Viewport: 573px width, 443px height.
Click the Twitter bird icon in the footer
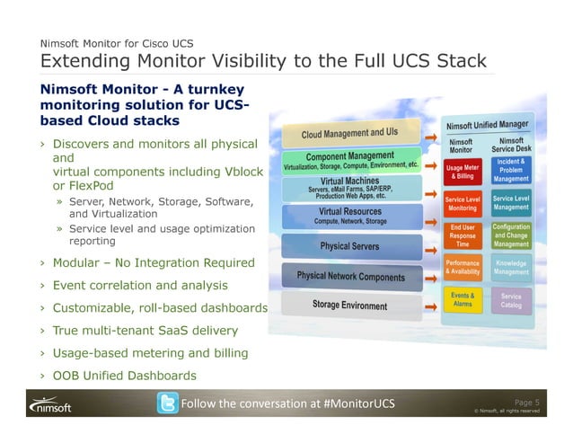(167, 403)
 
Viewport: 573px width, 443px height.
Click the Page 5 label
(525, 402)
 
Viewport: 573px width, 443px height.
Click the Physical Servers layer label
(349, 245)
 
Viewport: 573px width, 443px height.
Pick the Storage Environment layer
(349, 306)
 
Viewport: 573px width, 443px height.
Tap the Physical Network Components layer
(350, 276)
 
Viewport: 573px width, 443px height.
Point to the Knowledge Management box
(511, 267)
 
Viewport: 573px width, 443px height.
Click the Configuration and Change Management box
(511, 235)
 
